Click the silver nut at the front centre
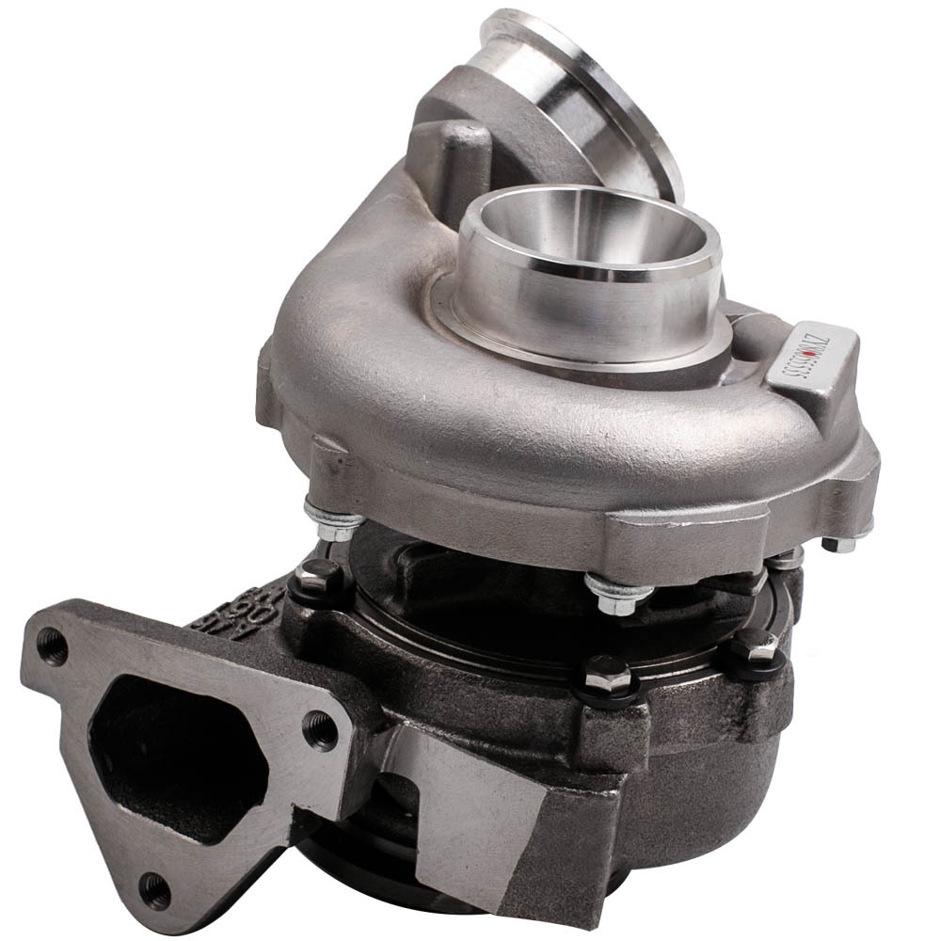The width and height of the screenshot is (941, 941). coord(616,595)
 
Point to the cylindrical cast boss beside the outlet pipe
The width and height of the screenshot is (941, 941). coord(461,155)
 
